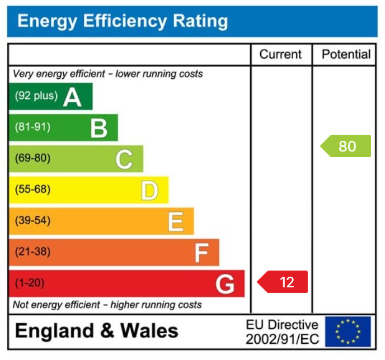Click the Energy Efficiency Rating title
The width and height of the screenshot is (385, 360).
(x=123, y=21)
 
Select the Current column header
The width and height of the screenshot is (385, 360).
(x=280, y=54)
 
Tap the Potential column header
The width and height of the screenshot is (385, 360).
(x=346, y=54)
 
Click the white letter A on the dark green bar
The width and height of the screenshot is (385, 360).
(x=72, y=97)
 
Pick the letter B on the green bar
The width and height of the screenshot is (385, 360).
(x=99, y=128)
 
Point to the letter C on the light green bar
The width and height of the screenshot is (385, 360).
(x=124, y=159)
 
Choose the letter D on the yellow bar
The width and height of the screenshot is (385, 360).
(x=149, y=191)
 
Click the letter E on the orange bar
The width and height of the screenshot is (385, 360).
(x=175, y=222)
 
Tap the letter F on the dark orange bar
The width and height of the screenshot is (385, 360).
(x=201, y=253)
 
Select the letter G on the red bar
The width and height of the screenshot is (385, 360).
(x=225, y=284)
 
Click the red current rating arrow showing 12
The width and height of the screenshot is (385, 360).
(x=283, y=282)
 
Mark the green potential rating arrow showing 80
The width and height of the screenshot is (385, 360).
(x=346, y=146)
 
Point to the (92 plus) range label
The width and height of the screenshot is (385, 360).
(x=36, y=96)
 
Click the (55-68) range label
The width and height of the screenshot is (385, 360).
(x=32, y=190)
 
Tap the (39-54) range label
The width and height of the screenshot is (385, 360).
(x=32, y=221)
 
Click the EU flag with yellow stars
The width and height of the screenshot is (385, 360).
(x=348, y=331)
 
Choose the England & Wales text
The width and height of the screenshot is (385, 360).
(x=96, y=331)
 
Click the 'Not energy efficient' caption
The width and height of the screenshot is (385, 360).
(x=107, y=305)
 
